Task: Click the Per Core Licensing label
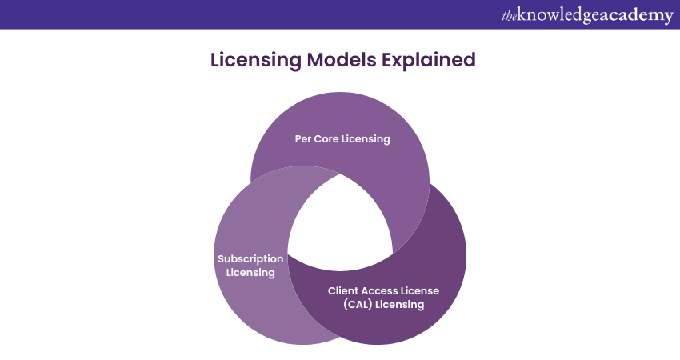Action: [x=342, y=138]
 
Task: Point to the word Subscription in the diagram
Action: [x=250, y=259]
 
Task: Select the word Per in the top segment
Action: [x=304, y=138]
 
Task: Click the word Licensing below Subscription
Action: [x=250, y=273]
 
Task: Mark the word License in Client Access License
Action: [x=421, y=290]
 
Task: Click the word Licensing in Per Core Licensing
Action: [x=366, y=138]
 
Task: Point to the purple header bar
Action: [x=240, y=14]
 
